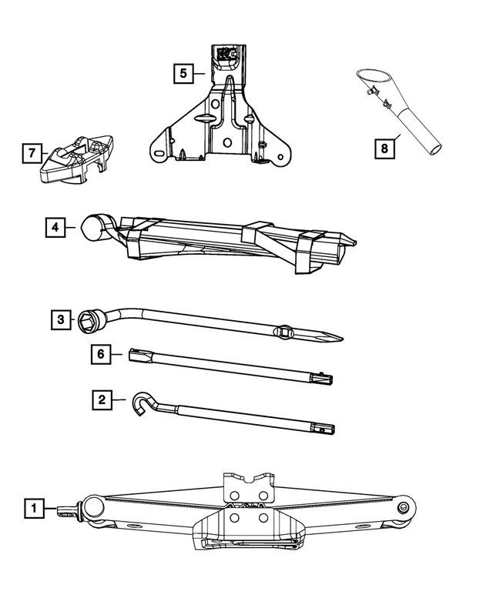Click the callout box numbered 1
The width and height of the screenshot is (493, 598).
click(x=33, y=508)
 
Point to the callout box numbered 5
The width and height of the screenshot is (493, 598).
click(x=183, y=74)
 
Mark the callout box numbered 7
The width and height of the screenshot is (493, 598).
click(x=32, y=153)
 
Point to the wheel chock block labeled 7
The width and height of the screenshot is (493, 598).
click(x=75, y=159)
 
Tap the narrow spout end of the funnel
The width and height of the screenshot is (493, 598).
click(x=434, y=146)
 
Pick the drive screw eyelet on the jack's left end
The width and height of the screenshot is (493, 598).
click(x=78, y=507)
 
